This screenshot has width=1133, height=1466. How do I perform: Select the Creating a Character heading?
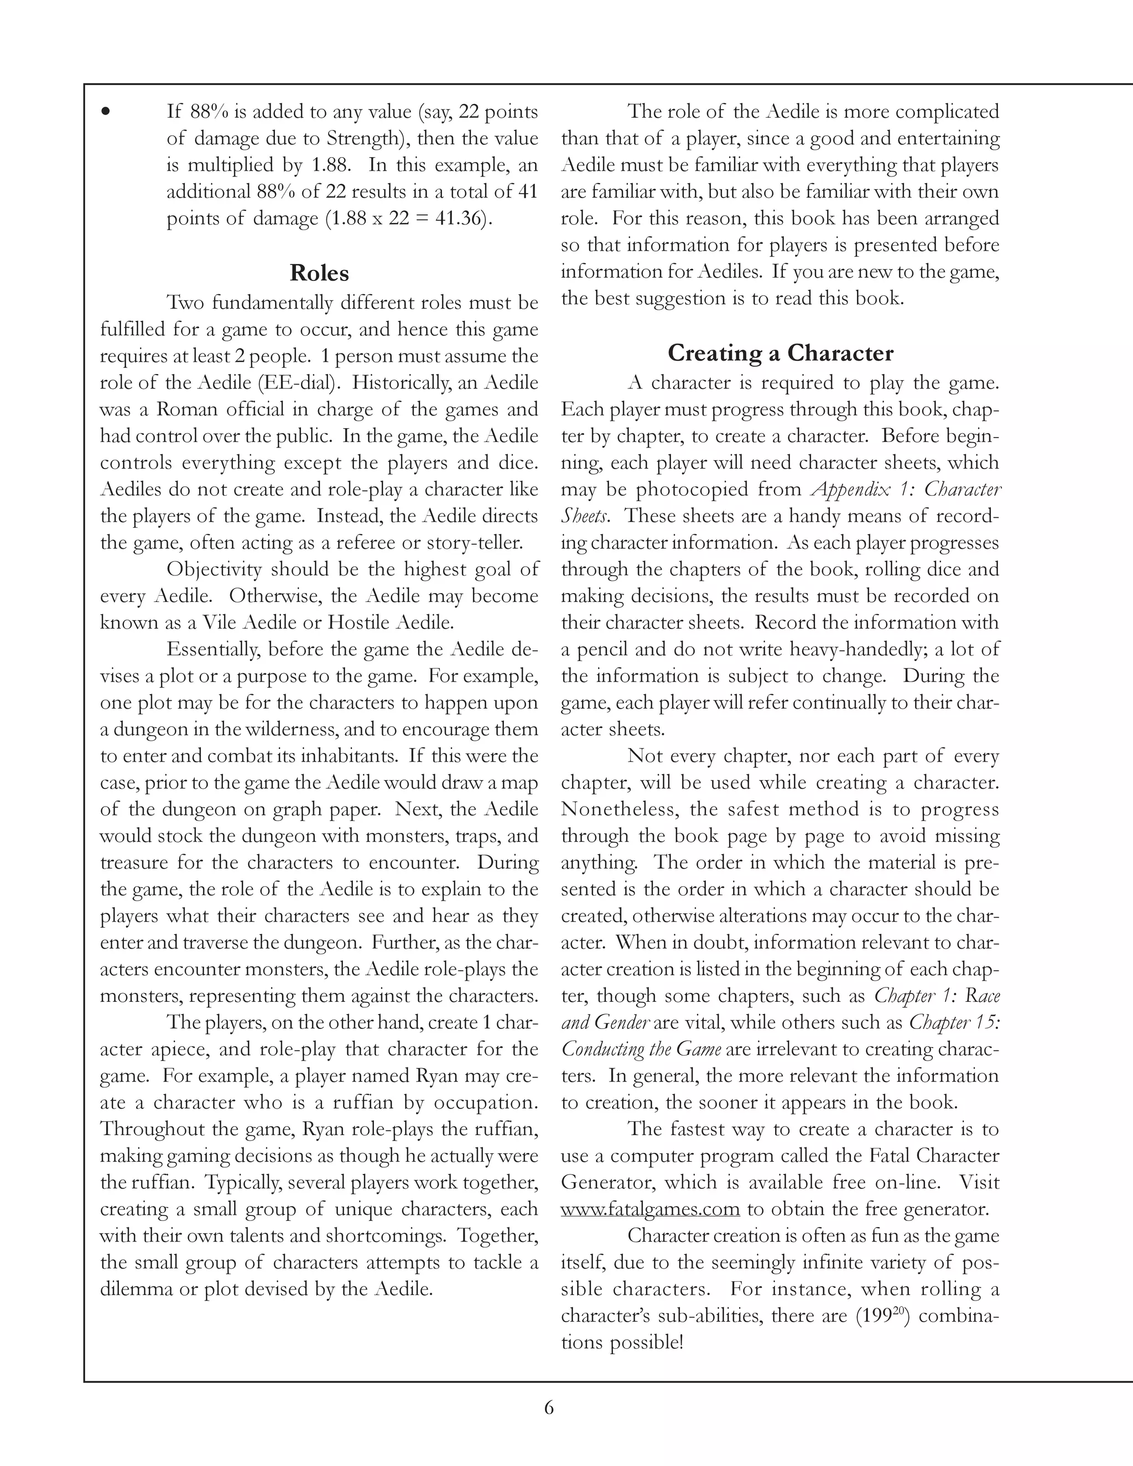coord(780,353)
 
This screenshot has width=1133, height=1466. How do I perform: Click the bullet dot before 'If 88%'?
coord(105,112)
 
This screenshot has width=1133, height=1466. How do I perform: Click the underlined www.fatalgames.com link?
coord(649,1209)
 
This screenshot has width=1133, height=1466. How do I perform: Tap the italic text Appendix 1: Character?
coord(906,490)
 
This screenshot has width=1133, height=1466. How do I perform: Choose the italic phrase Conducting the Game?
coord(641,1049)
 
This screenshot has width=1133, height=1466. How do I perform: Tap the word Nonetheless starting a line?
coord(618,809)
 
